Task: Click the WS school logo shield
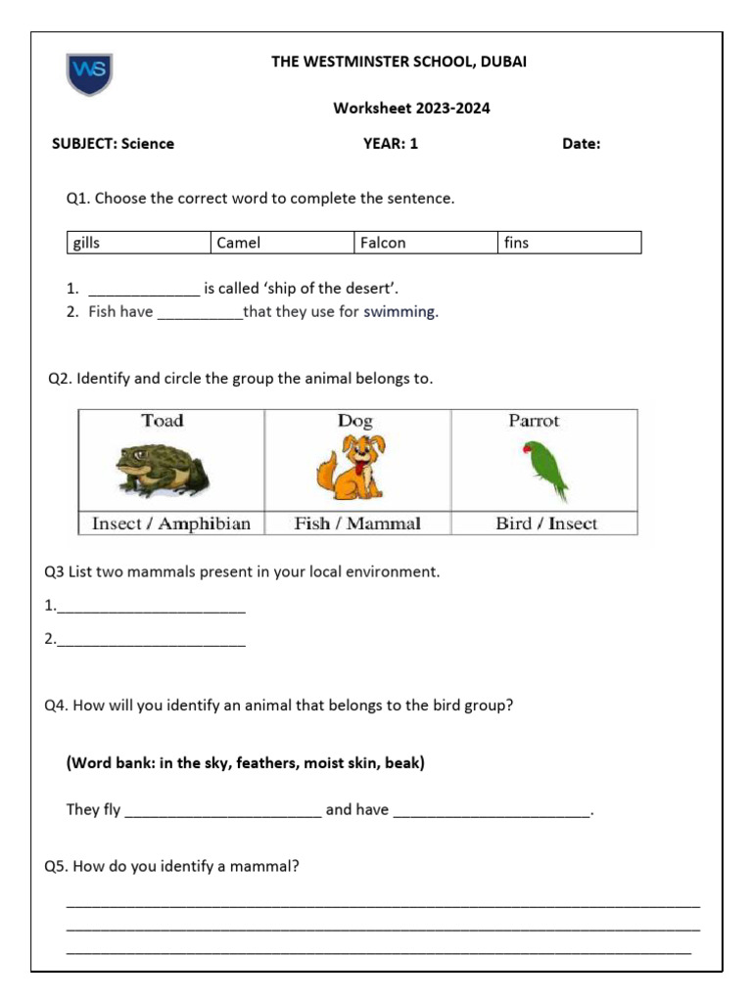pyautogui.click(x=89, y=73)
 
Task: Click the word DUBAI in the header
pyautogui.click(x=499, y=62)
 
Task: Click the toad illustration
pyautogui.click(x=162, y=470)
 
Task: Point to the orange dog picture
pyautogui.click(x=350, y=468)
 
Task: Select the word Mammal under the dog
pyautogui.click(x=384, y=524)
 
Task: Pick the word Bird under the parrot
pyautogui.click(x=513, y=524)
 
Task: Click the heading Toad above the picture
pyautogui.click(x=162, y=421)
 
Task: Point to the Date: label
pyautogui.click(x=582, y=144)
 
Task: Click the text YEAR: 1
pyautogui.click(x=391, y=144)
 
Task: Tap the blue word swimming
pyautogui.click(x=400, y=313)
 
